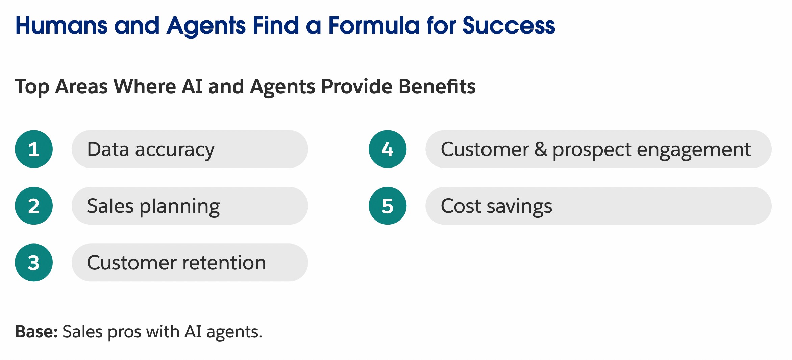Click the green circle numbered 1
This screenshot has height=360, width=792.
pos(34,149)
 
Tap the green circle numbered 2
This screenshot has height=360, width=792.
pos(34,206)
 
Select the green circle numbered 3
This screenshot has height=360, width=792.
pos(34,262)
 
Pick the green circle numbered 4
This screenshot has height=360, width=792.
pos(388,149)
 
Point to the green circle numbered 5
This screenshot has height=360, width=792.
pos(388,206)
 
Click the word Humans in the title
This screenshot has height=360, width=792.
pos(61,26)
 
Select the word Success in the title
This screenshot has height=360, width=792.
pos(509,26)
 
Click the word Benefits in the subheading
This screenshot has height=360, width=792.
pos(437,86)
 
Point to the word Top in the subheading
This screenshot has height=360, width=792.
pos(32,87)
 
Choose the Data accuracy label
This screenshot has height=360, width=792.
pos(151,150)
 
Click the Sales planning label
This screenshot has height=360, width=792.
pos(153,207)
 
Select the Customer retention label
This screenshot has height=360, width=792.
pos(177,263)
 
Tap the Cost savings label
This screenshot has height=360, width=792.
pos(496,207)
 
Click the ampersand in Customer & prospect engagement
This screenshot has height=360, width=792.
pos(541,149)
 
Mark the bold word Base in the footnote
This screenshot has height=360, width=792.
pos(36,332)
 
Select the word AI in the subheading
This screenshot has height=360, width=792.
pos(192,86)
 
